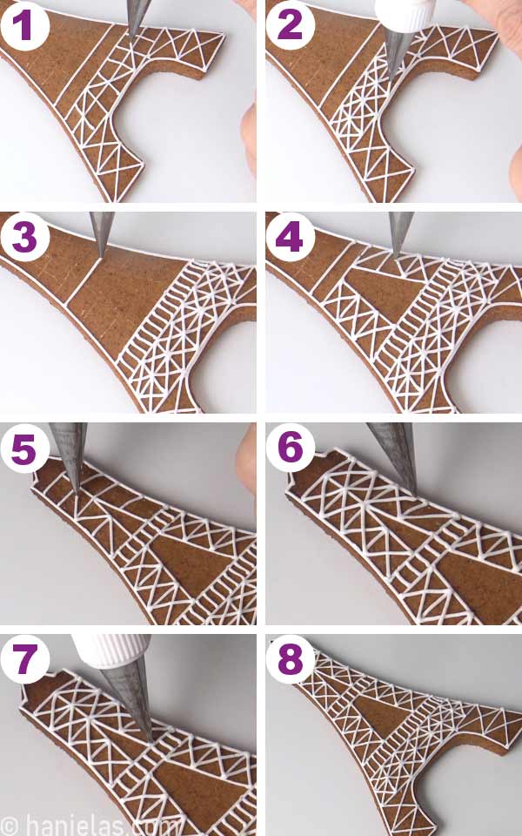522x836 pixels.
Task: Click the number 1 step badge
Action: [x=24, y=25]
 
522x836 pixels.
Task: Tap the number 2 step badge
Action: [x=291, y=25]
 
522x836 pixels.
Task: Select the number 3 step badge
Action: [x=24, y=237]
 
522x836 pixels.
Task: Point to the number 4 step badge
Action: [x=291, y=237]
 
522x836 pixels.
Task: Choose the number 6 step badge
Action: [x=291, y=448]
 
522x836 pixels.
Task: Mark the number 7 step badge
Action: [x=24, y=659]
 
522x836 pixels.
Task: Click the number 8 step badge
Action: [x=291, y=659]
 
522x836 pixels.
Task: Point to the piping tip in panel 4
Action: [x=399, y=232]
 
